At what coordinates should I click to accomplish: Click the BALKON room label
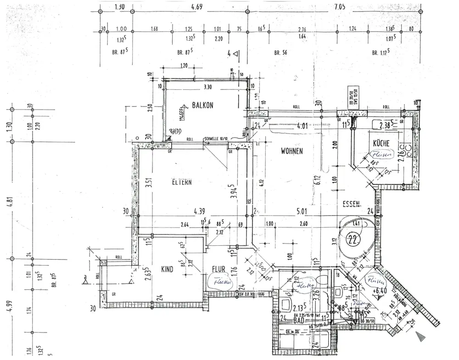(x=202, y=105)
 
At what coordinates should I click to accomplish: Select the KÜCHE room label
(x=381, y=143)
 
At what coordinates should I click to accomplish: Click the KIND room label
(x=167, y=270)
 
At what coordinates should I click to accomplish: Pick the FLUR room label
(x=218, y=270)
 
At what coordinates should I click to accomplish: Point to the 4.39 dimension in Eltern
(x=199, y=211)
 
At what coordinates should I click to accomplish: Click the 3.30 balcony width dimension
(x=208, y=86)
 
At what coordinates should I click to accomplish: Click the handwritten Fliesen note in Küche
(x=381, y=155)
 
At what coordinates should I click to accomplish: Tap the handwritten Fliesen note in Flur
(x=219, y=283)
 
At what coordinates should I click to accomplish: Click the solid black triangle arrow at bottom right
(x=420, y=338)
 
